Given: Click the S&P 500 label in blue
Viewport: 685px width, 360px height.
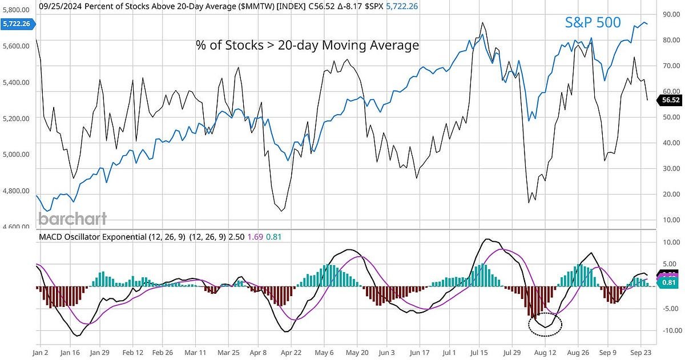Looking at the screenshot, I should coord(593,22).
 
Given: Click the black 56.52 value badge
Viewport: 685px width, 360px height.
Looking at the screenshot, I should coord(669,100).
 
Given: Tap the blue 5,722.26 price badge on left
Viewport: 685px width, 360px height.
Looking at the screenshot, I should coord(17,24).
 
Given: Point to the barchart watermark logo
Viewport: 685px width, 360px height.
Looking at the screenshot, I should coord(72,219).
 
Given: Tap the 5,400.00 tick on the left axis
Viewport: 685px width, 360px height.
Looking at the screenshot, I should coord(17,82).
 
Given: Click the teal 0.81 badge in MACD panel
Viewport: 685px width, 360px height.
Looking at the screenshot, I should coord(668,282).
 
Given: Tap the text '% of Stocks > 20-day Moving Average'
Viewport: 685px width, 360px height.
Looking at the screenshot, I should coord(307,45).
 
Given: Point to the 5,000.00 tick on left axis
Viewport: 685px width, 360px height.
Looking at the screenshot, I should coord(17,154).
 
